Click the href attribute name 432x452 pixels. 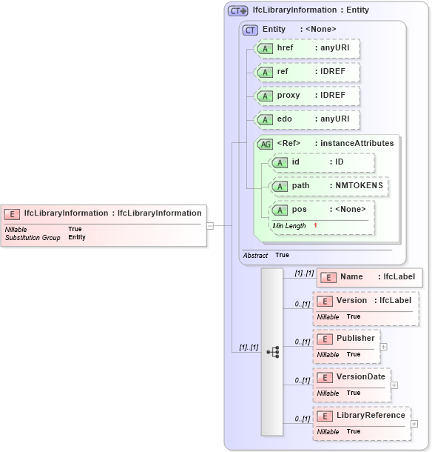click(285, 48)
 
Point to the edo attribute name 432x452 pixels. click(283, 119)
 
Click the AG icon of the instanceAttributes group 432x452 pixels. click(264, 144)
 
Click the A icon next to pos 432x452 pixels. click(280, 210)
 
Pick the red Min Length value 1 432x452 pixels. click(315, 225)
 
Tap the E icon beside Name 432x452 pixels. click(328, 277)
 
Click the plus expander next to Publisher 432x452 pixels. click(382, 346)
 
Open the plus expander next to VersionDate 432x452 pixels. click(394, 385)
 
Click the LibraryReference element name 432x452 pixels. click(371, 415)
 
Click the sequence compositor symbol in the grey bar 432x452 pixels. click(273, 352)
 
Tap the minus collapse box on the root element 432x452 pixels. click(210, 225)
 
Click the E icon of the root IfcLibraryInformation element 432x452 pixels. click(12, 213)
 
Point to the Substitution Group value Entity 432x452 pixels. click(77, 238)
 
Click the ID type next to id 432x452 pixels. click(340, 162)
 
